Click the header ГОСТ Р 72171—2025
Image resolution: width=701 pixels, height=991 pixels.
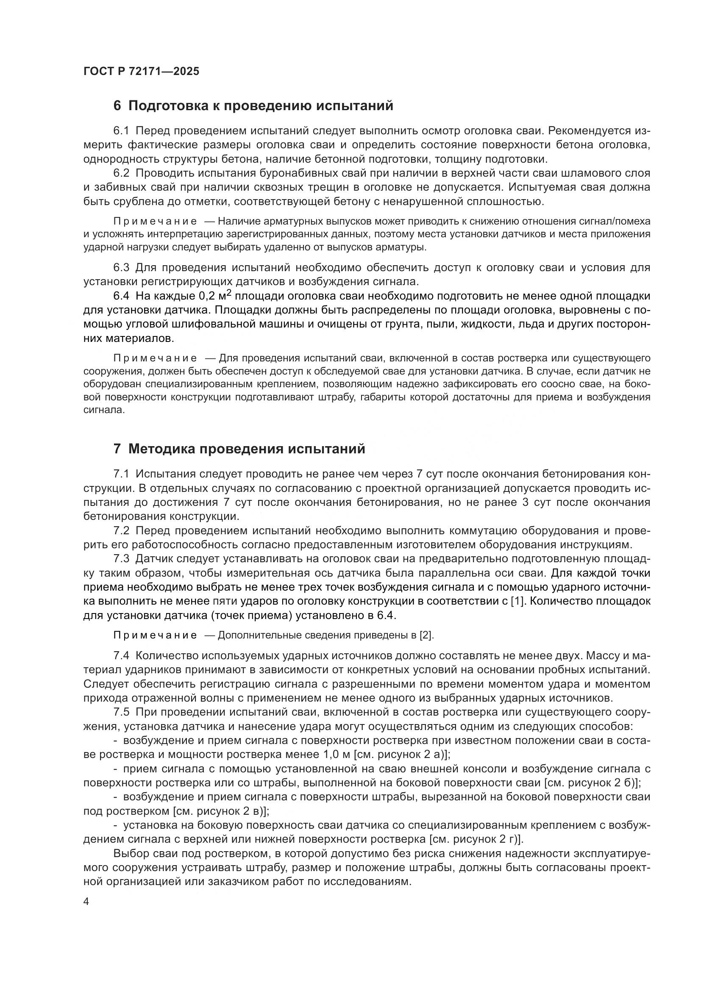141,72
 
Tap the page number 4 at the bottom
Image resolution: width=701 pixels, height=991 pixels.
86,902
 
